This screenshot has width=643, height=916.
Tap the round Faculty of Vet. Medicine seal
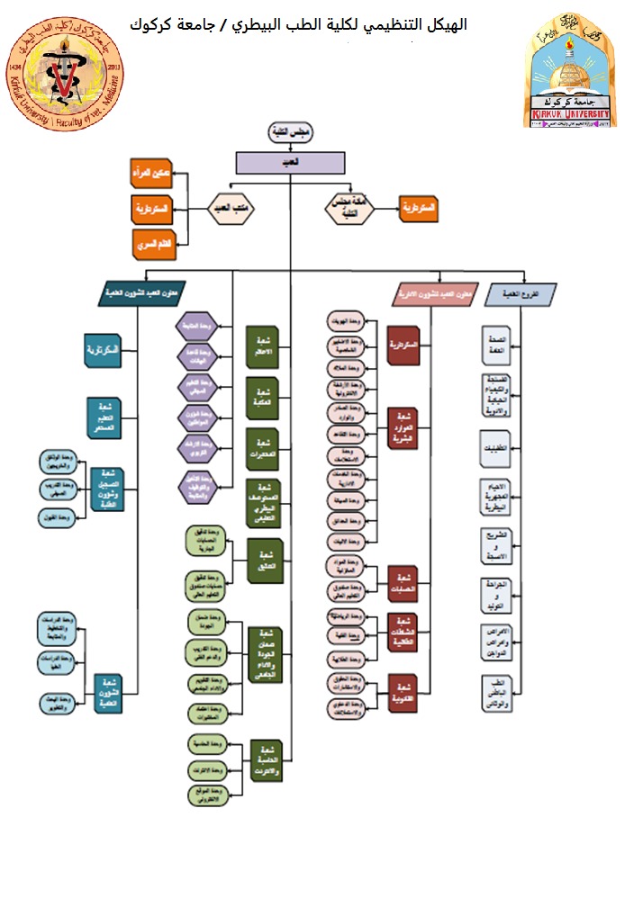[64, 73]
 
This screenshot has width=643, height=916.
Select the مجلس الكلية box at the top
[290, 132]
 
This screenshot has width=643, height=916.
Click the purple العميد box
[290, 162]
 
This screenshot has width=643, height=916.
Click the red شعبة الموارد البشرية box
[403, 428]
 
